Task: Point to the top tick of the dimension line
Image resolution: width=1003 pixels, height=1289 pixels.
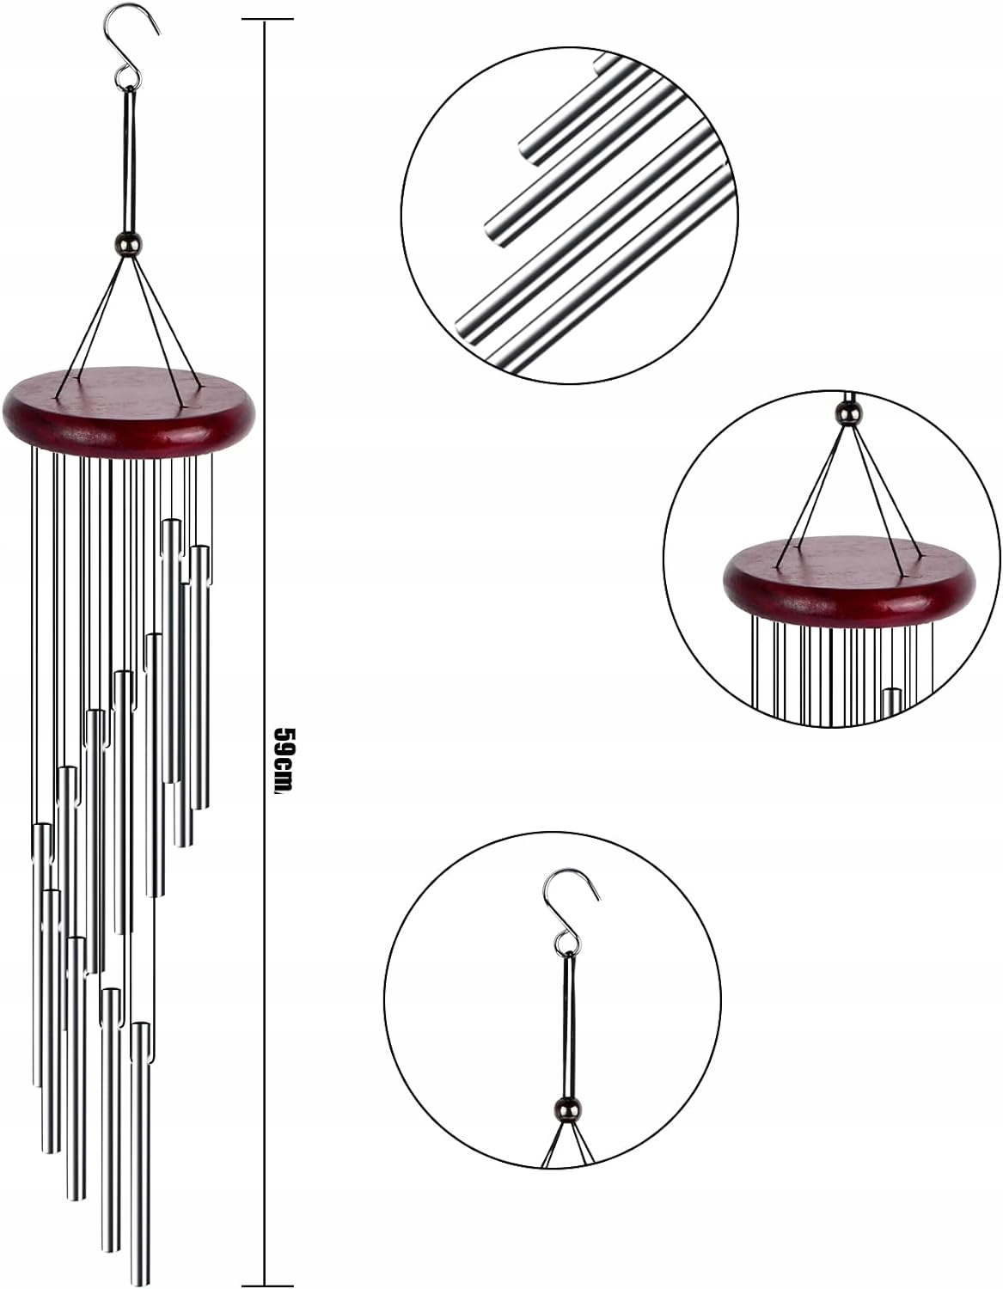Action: (264, 22)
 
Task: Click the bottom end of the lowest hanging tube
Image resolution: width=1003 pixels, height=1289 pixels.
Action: (140, 1275)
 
